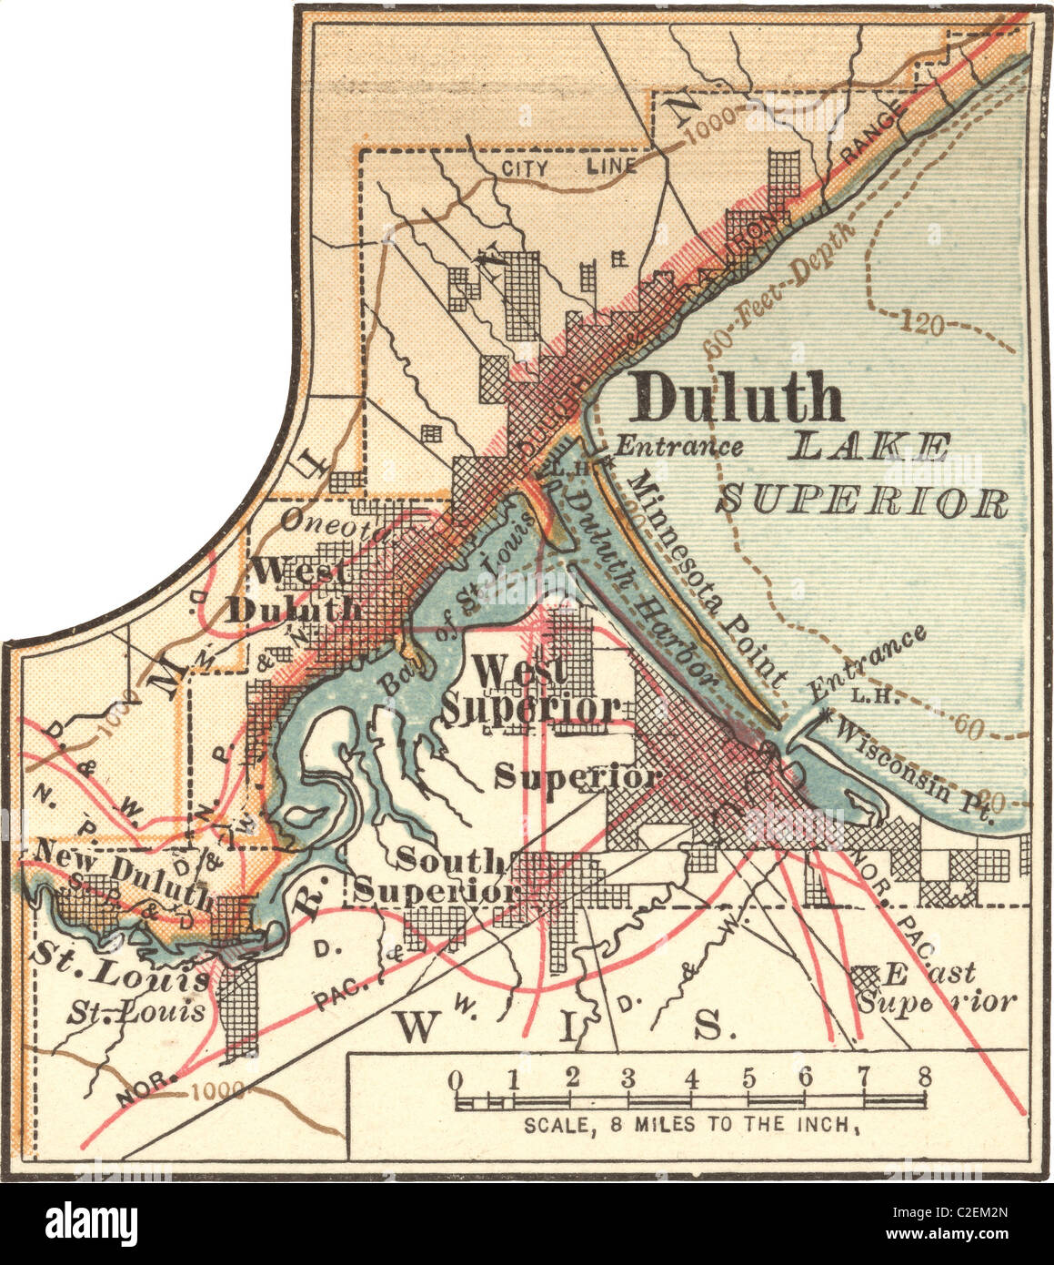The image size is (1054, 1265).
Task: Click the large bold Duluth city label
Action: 738,398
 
